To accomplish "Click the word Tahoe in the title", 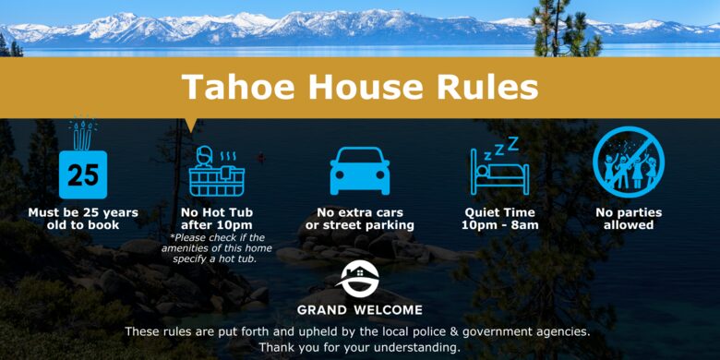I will (x=227, y=87).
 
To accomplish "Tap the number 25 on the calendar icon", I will (x=83, y=175).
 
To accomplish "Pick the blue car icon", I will (x=360, y=171).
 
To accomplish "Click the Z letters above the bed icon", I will (x=505, y=146).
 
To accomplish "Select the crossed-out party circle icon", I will (x=628, y=162).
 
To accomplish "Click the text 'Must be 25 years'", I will (x=83, y=212).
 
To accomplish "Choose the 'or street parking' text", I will (x=360, y=225).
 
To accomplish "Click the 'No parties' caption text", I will (x=628, y=212).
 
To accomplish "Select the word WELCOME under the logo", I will (x=388, y=310).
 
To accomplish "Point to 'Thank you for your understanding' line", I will (x=359, y=347).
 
